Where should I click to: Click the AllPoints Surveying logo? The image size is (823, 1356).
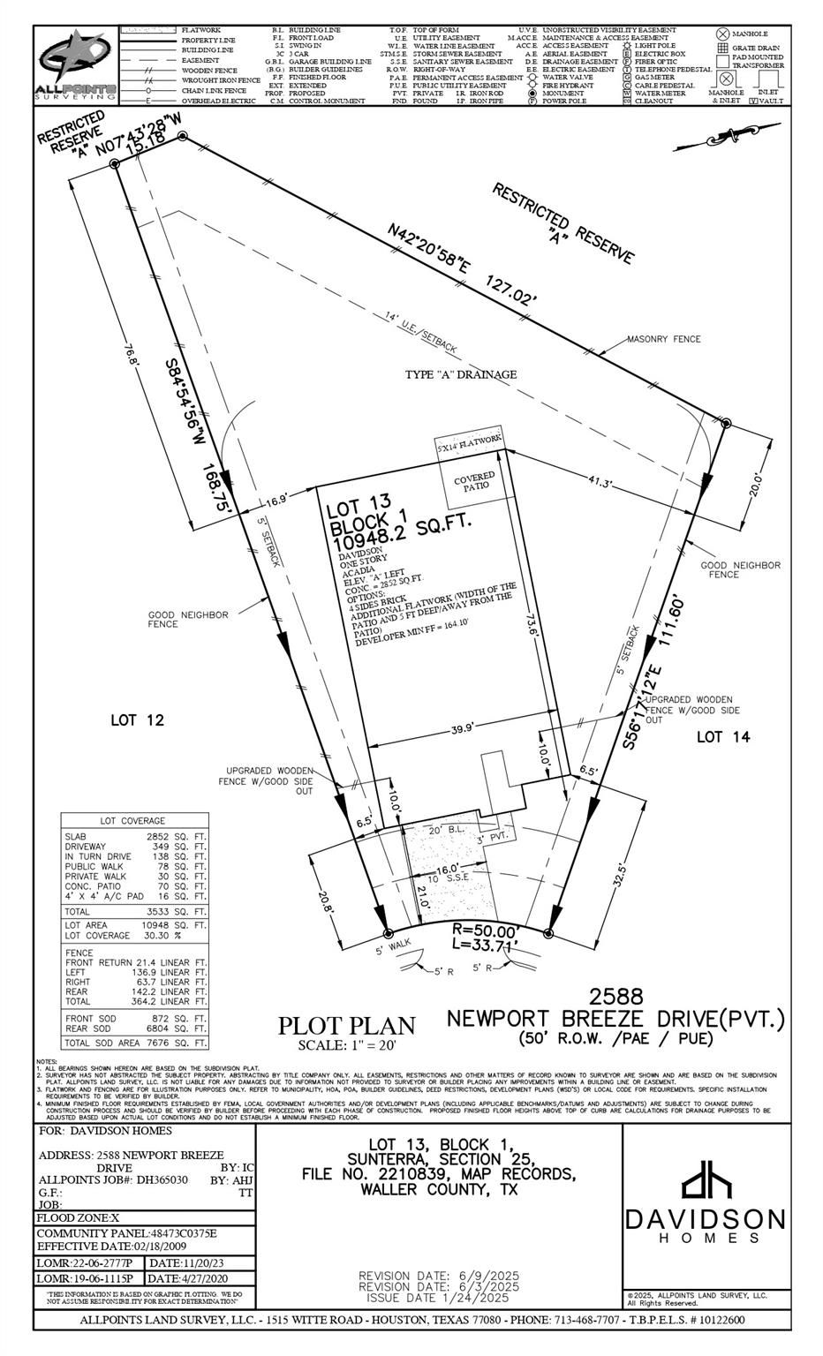click(76, 67)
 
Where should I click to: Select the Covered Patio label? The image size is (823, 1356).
click(474, 481)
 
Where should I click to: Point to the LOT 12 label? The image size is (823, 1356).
click(137, 720)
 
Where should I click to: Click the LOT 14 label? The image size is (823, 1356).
click(723, 736)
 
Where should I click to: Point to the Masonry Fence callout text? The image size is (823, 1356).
click(663, 339)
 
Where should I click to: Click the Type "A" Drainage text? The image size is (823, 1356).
click(461, 374)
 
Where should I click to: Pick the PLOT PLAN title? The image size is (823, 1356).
click(346, 1026)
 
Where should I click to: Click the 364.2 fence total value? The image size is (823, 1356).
click(150, 1002)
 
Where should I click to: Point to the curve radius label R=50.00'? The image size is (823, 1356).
click(486, 930)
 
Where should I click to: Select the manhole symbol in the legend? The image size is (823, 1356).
click(721, 34)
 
